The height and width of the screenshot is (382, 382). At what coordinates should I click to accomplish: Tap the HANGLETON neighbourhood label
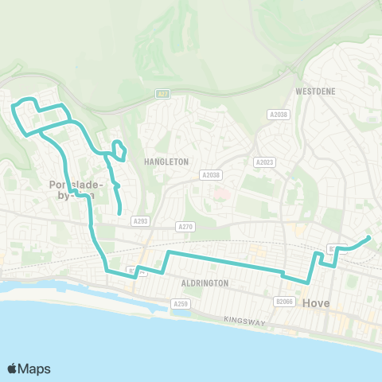click(x=166, y=161)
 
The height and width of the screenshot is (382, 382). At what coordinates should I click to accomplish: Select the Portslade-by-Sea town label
click(x=72, y=189)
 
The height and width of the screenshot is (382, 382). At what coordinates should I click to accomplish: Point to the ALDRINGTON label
click(x=205, y=283)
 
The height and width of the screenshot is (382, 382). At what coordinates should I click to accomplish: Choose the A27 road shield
click(x=162, y=94)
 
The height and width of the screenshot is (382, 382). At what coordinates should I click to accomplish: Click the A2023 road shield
click(x=264, y=162)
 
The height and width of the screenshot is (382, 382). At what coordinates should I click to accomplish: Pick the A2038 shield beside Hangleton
click(x=210, y=175)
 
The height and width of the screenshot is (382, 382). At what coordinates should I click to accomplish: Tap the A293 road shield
click(x=141, y=221)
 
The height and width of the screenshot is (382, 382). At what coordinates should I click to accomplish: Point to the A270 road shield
click(x=185, y=227)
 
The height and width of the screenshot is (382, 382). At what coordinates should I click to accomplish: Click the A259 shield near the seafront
click(x=180, y=303)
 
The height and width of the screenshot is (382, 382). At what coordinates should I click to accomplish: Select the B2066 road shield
click(x=284, y=302)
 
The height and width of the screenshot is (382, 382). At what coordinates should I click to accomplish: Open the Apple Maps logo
click(x=29, y=368)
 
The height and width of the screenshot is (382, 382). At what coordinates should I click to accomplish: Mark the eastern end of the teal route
click(x=368, y=237)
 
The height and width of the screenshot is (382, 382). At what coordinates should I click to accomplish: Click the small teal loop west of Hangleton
click(x=119, y=149)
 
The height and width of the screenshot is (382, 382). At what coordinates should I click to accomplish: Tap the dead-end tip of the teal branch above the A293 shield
click(x=119, y=213)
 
